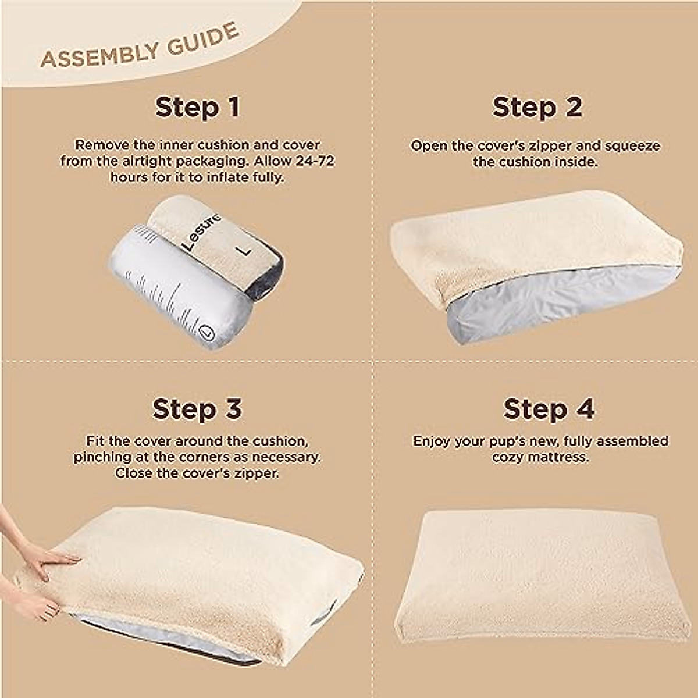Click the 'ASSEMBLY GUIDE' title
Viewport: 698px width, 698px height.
pos(140,47)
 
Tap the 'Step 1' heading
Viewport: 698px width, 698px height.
pos(197,108)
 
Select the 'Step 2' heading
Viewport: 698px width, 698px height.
pos(536,108)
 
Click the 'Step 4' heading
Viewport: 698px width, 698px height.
pos(548,409)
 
